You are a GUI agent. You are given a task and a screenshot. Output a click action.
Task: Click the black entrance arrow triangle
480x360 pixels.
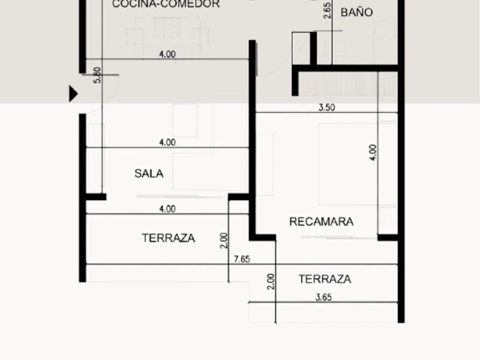tap(73, 94)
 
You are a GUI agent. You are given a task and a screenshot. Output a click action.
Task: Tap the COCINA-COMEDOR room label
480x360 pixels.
tap(166, 4)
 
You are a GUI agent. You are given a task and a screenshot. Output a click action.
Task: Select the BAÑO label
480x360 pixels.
tap(357, 13)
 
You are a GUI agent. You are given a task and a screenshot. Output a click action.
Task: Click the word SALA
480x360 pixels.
tap(149, 174)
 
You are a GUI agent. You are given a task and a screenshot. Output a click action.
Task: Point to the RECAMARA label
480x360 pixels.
tap(321, 222)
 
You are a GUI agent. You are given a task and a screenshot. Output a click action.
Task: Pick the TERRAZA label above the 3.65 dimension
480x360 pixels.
tap(325, 279)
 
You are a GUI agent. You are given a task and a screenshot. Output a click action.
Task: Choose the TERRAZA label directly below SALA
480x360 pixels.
tap(169, 238)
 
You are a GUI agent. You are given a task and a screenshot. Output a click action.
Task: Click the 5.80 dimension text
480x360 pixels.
tap(97, 75)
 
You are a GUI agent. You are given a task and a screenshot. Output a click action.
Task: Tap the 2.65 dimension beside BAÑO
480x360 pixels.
tap(327, 11)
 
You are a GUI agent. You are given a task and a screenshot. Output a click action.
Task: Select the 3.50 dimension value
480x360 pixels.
tap(327, 107)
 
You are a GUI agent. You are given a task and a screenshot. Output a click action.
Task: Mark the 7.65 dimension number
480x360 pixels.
tap(242, 259)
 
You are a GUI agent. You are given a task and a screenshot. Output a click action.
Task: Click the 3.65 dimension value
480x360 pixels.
tap(323, 297)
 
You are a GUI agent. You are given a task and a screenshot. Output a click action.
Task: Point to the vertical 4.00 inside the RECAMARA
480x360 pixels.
tap(373, 153)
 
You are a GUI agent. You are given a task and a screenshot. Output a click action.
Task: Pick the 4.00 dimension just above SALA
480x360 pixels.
tap(167, 142)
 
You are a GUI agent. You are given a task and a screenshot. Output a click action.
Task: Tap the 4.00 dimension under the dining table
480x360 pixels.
tap(167, 54)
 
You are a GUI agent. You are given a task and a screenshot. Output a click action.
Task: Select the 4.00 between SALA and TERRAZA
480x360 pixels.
tap(167, 209)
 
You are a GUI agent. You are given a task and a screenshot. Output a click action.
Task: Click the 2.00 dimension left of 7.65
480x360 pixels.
tap(224, 241)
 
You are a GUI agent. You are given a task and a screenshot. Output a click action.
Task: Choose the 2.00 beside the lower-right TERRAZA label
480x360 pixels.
tap(271, 281)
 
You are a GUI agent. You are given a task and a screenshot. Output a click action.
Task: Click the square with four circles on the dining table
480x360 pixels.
tap(167, 29)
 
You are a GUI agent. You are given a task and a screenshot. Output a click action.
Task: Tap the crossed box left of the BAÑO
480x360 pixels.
tap(301, 48)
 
